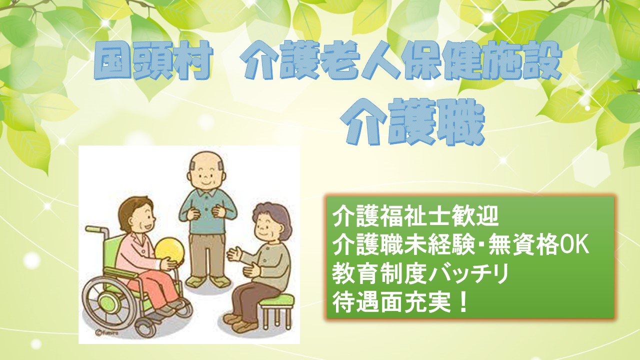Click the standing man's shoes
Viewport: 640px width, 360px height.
click(206, 281)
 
